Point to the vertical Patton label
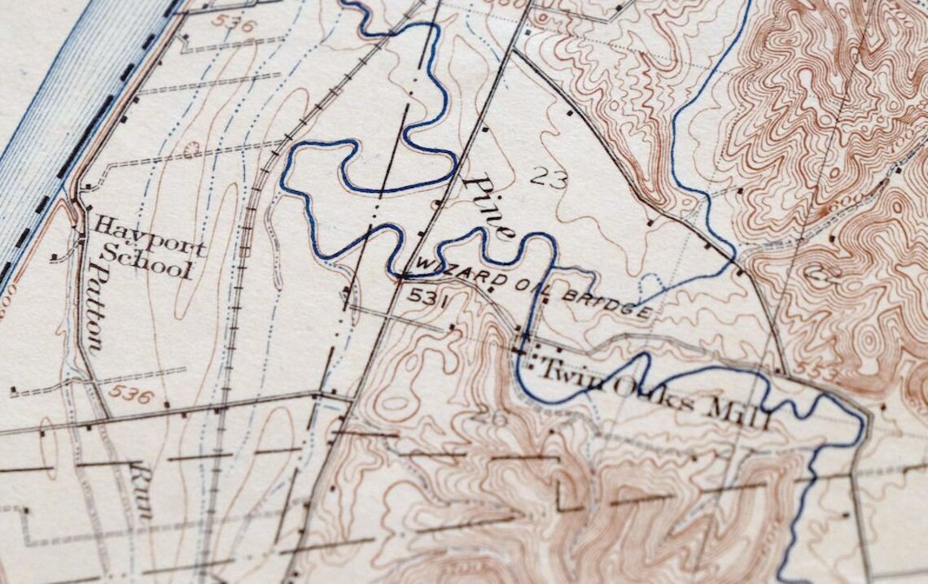coord(96,307)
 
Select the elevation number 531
coord(429,297)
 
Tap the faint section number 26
coord(493,418)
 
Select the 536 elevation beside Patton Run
coord(132,395)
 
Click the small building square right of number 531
coord(453,329)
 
